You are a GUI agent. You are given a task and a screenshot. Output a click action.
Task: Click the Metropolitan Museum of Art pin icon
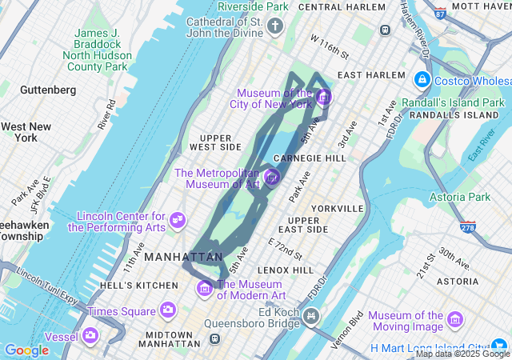(272, 177)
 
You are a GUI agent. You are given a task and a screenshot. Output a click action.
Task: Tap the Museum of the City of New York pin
(323, 98)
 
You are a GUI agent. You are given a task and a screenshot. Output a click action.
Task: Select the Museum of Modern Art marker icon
(205, 288)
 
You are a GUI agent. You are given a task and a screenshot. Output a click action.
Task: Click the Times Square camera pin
(167, 310)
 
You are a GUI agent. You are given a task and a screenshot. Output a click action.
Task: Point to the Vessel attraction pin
(92, 335)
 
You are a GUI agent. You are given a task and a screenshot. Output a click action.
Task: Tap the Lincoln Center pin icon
(178, 218)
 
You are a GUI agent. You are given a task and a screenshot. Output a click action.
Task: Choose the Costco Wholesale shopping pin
(422, 80)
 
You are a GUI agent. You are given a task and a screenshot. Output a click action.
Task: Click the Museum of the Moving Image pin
(455, 320)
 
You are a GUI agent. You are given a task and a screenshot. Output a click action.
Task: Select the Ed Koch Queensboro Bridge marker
(310, 318)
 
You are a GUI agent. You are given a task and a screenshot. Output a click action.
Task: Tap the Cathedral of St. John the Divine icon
(275, 27)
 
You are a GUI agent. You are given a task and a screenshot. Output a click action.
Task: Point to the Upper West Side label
(215, 142)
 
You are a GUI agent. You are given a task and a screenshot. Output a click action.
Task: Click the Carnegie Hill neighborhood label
(309, 158)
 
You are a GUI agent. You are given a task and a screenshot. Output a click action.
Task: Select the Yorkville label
(337, 208)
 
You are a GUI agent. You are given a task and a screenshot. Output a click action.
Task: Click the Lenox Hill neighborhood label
(286, 270)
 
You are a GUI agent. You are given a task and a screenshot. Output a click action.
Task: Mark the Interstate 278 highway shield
(468, 227)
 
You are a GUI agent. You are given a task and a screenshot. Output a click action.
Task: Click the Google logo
(26, 350)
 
